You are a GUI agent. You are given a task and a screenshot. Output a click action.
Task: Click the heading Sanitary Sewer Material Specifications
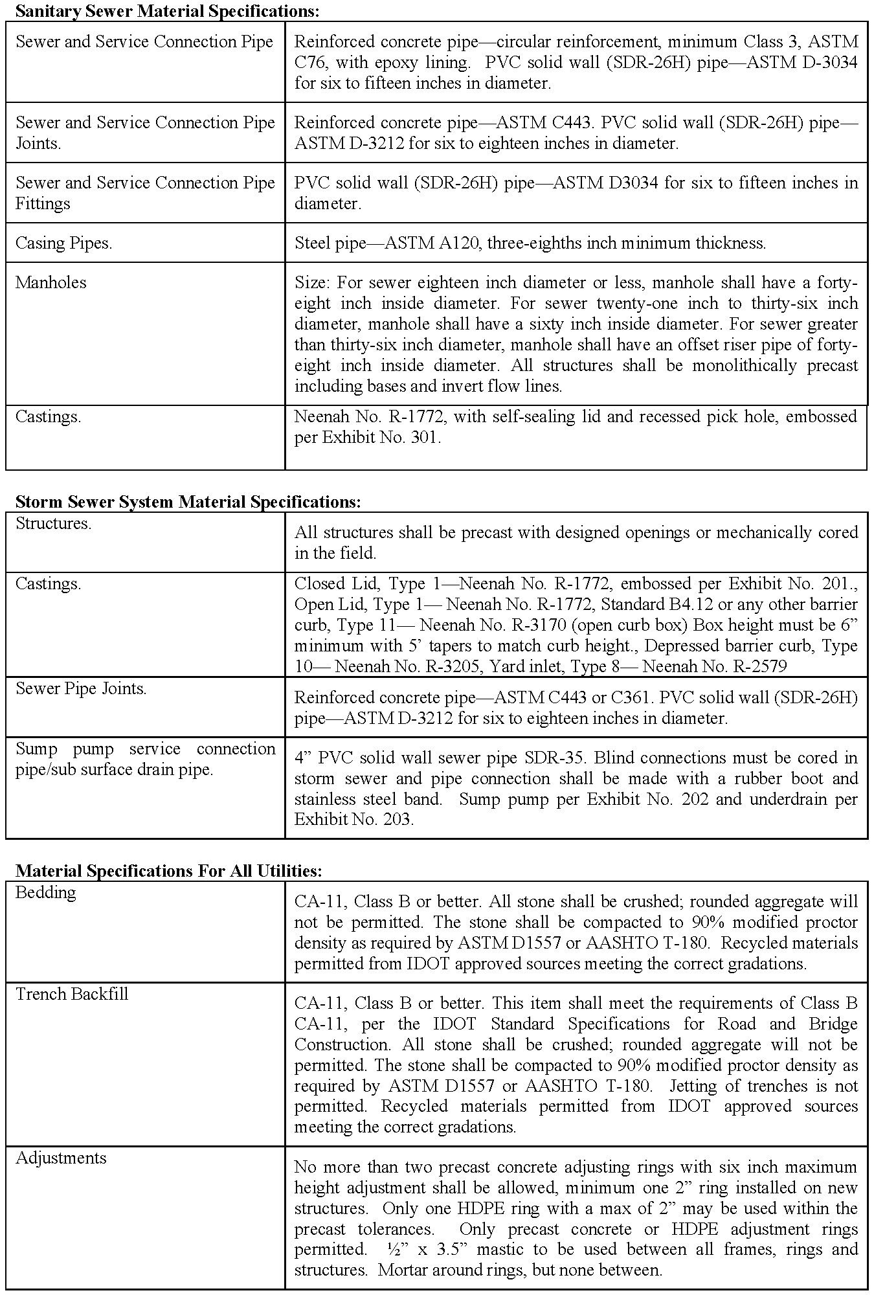click(x=167, y=11)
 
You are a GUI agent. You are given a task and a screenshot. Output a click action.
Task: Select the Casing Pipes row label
click(x=63, y=243)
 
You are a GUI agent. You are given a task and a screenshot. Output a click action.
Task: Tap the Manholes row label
click(x=50, y=283)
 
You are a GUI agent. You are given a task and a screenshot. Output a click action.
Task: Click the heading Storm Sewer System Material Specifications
click(x=188, y=502)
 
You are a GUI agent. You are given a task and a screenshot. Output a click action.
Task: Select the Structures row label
click(x=53, y=524)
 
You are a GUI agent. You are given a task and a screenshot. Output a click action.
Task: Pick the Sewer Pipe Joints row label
click(x=81, y=689)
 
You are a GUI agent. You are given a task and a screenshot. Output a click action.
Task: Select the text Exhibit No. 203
click(x=353, y=820)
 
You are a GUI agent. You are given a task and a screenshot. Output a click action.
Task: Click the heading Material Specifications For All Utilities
click(x=168, y=871)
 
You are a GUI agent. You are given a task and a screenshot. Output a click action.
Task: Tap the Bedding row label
click(x=45, y=893)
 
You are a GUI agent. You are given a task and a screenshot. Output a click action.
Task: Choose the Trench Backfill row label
click(x=72, y=995)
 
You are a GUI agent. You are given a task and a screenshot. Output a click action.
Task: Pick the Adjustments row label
click(x=61, y=1158)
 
